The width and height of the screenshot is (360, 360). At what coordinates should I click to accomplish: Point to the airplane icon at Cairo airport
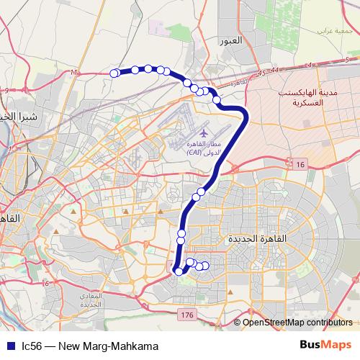coord(204,133)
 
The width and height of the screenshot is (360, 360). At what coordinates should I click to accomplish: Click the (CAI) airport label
coord(194,153)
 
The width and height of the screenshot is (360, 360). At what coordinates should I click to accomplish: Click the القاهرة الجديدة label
coord(257,238)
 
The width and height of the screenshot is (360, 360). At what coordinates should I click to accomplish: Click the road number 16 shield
coord(300,165)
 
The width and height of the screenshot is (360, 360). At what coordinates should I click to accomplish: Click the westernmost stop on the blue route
coord(114,72)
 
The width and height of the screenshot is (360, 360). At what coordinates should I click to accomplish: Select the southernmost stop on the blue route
coord(179,271)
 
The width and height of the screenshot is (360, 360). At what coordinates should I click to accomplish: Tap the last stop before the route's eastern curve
coord(217,99)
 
